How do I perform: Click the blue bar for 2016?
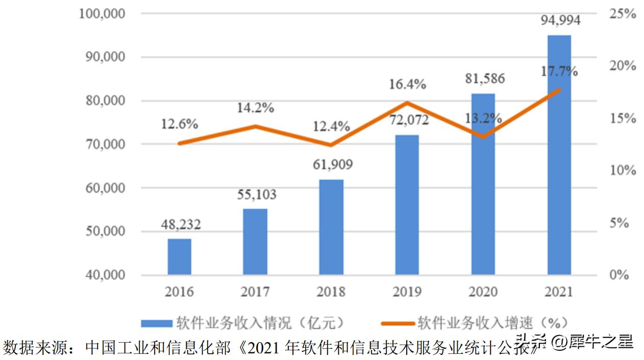pos(179,257)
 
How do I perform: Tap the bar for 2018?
pos(331,227)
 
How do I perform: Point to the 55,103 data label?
pos(255,195)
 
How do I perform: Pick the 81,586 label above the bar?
pos(483,79)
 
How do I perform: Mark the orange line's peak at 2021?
pos(559,90)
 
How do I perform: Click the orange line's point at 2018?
pos(331,145)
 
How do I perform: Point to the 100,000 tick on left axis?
pos(103,13)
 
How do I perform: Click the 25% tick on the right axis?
pos(623,14)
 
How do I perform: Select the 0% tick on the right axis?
pos(620,275)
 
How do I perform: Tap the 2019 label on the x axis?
pos(407,292)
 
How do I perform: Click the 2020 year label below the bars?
pos(483,292)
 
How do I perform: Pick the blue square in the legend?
pos(156,323)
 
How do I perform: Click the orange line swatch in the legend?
pos(398,323)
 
